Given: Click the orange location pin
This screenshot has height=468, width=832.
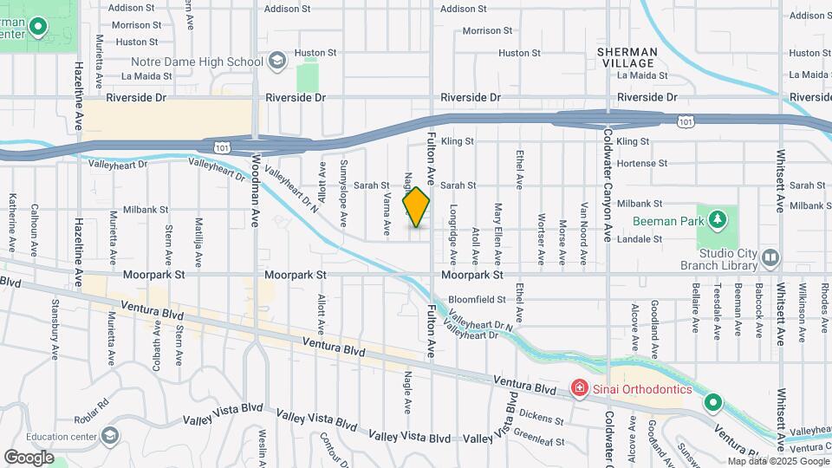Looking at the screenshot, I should [417, 207].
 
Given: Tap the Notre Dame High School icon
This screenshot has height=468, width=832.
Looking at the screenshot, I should [276, 61].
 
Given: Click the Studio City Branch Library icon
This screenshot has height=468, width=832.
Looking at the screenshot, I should [770, 257].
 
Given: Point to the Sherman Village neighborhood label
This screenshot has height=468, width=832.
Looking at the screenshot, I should [627, 58].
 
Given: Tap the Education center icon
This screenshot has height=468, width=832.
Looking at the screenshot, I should [110, 435].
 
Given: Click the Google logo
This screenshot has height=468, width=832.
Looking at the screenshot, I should [29, 457].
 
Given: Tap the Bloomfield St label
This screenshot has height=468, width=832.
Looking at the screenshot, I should [477, 300].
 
